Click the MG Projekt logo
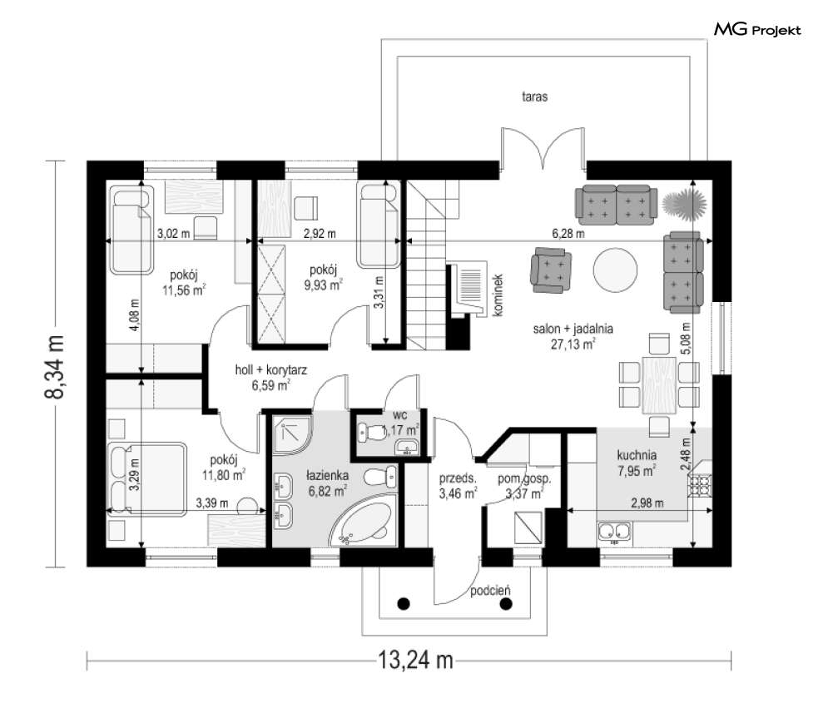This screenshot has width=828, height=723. coord(756,31)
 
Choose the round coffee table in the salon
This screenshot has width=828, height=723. coord(616,271)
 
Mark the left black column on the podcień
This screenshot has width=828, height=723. coord(404,603)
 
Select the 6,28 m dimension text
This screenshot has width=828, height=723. coord(568,234)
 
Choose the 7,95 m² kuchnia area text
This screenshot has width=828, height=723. coord(637,470)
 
